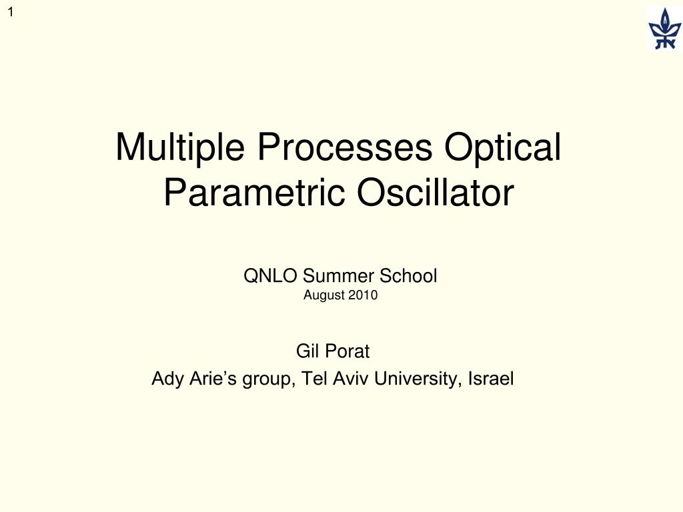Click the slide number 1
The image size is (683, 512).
[x=11, y=12]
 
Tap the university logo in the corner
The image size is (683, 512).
[x=664, y=28]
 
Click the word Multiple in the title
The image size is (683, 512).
[x=180, y=148]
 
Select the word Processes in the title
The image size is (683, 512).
[x=345, y=147]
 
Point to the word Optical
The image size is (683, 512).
[x=503, y=148]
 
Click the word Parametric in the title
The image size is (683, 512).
[x=254, y=193]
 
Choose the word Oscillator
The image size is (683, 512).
[x=435, y=193]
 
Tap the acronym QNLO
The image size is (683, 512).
[x=271, y=276]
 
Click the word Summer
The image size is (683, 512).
[x=338, y=276]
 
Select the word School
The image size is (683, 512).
[x=408, y=276]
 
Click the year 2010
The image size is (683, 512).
[x=363, y=295]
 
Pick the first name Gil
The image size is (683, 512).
[x=307, y=351]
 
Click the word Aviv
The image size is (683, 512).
[x=351, y=379]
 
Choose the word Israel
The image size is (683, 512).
[x=491, y=379]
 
